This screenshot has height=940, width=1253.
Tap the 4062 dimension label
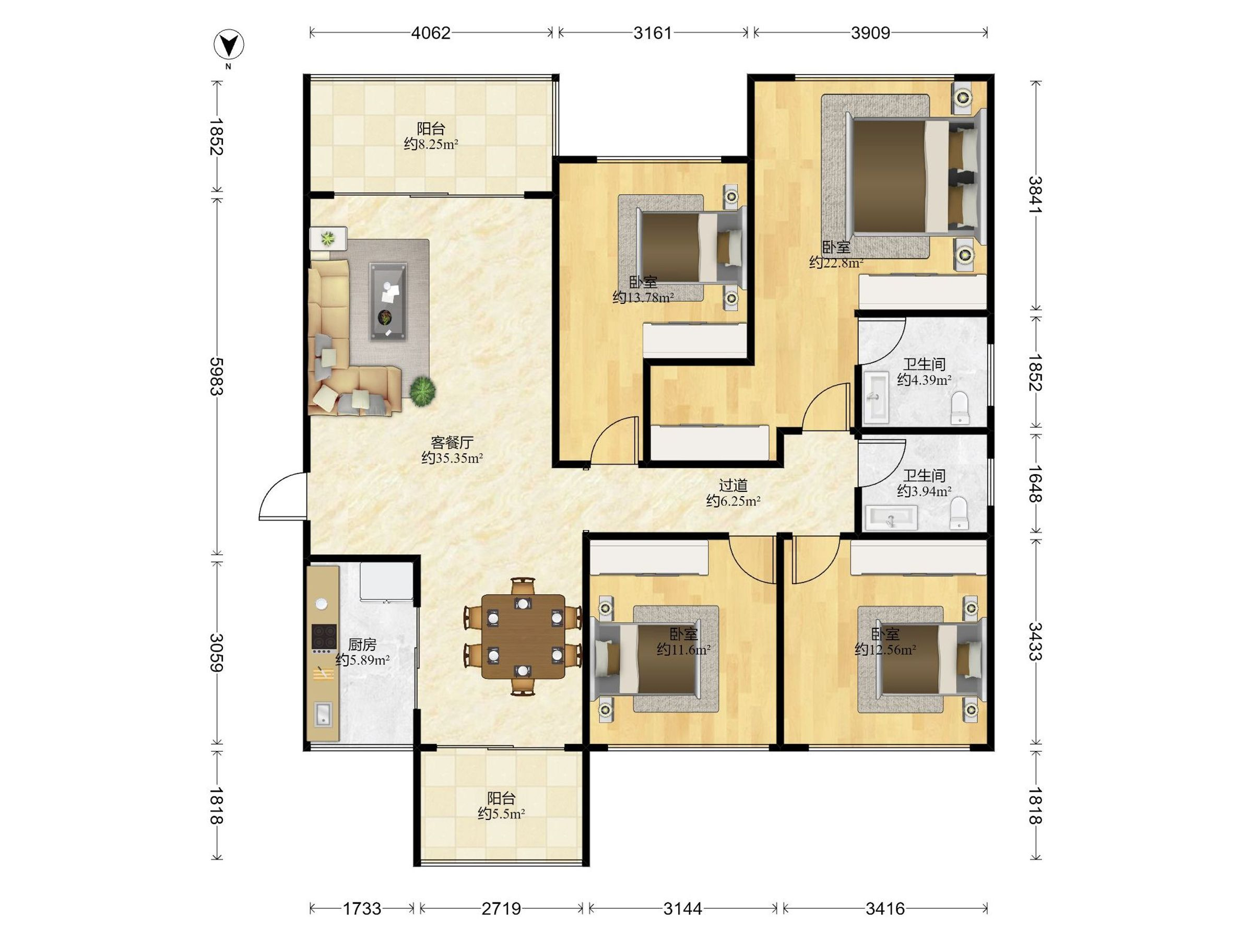click(x=431, y=33)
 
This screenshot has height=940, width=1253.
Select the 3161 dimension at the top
click(x=653, y=33)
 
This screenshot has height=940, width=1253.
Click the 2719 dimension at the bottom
click(x=501, y=909)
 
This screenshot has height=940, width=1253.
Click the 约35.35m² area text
click(x=452, y=459)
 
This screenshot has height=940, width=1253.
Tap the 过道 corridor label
click(x=733, y=485)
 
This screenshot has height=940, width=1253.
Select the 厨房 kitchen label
click(x=362, y=644)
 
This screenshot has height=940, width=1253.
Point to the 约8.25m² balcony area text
click(x=431, y=144)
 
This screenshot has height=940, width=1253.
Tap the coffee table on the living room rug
click(x=388, y=301)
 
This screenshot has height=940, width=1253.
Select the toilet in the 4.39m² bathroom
click(x=960, y=408)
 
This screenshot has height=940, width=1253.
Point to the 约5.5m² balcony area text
click(x=501, y=814)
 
